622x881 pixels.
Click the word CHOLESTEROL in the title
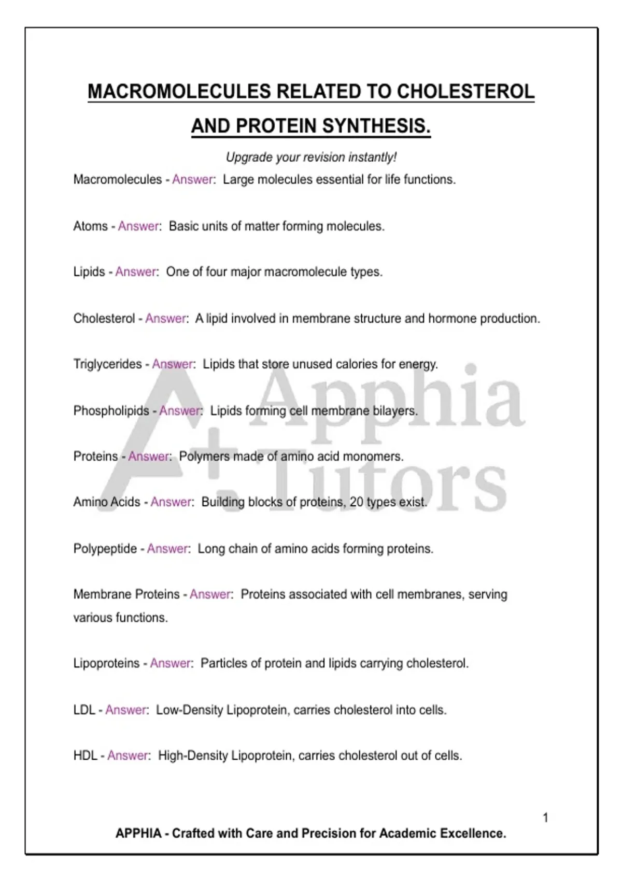pos(465,92)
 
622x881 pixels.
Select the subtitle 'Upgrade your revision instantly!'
pos(311,157)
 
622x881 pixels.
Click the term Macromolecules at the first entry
pos(118,180)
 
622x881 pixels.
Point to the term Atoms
pos(91,226)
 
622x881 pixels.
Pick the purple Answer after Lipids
pos(135,272)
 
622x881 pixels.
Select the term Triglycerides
pos(107,364)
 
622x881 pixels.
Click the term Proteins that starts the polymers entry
pos(96,457)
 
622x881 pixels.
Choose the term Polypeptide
pos(105,549)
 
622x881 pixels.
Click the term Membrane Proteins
pos(126,594)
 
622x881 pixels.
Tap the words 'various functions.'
pos(120,618)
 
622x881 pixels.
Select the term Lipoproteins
pos(107,663)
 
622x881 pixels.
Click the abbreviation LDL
pos(84,710)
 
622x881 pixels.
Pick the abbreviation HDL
pos(85,756)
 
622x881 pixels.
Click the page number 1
pos(545,818)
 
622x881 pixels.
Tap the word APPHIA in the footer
pos(138,833)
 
